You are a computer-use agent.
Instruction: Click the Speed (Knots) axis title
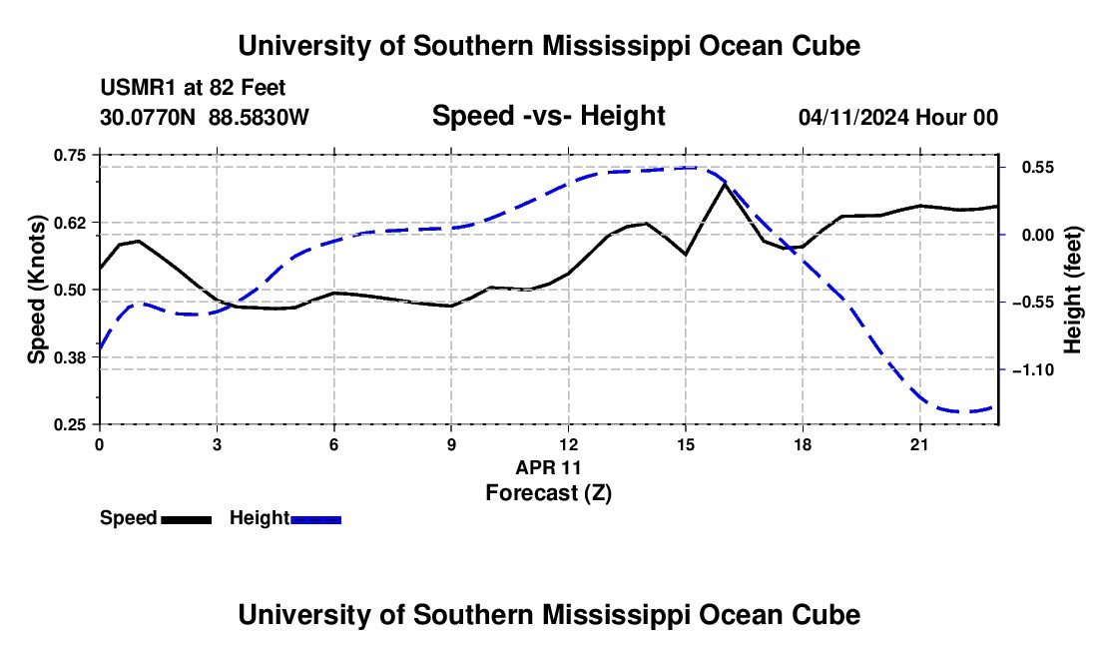tap(36, 290)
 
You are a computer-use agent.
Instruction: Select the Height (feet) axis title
tap(1072, 290)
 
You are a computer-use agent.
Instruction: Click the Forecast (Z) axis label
tap(548, 493)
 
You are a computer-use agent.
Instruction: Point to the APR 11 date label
tap(548, 467)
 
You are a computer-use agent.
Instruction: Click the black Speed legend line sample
tap(187, 519)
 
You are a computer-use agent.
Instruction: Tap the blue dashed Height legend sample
tap(315, 519)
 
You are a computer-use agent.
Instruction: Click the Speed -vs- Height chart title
tap(548, 116)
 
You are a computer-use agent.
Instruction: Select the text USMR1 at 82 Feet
tap(193, 88)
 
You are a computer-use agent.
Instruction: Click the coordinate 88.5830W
tap(259, 117)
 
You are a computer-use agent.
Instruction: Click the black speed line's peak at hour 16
tap(725, 184)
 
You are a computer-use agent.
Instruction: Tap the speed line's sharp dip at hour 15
tap(686, 255)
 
